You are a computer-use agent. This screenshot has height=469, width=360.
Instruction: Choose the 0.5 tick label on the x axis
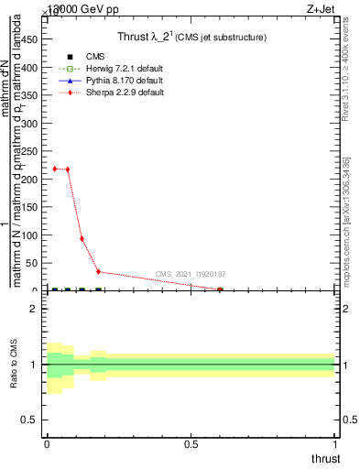tap(191, 445)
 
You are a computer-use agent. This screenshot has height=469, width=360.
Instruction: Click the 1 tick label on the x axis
tap(335, 445)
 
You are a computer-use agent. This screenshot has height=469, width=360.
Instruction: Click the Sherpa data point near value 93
tap(82, 239)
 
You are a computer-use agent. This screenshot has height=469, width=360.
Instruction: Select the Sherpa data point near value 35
tap(98, 271)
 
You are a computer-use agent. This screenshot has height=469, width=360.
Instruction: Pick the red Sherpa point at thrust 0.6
tap(220, 290)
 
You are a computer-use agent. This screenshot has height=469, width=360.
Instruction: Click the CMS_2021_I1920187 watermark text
tap(191, 274)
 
